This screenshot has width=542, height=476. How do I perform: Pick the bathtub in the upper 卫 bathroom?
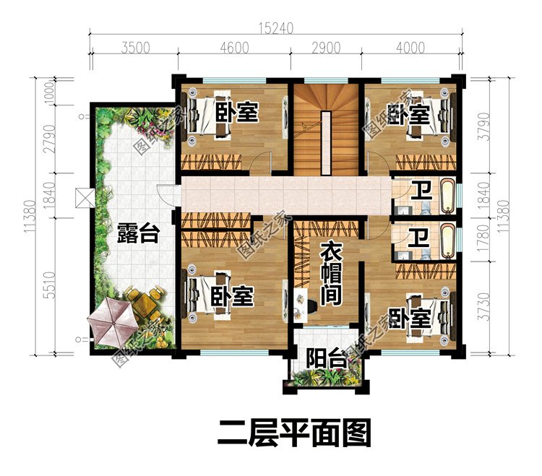[x=447, y=195]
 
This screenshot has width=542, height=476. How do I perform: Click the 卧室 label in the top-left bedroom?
[x=238, y=113]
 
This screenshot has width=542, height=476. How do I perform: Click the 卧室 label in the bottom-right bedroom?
[x=409, y=318]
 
